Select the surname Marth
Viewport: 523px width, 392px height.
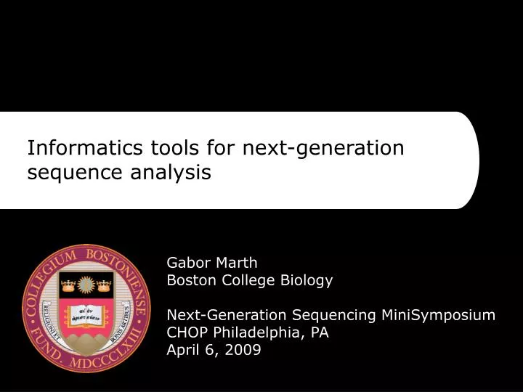pyautogui.click(x=238, y=262)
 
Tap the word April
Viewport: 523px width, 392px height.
pyautogui.click(x=185, y=350)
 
